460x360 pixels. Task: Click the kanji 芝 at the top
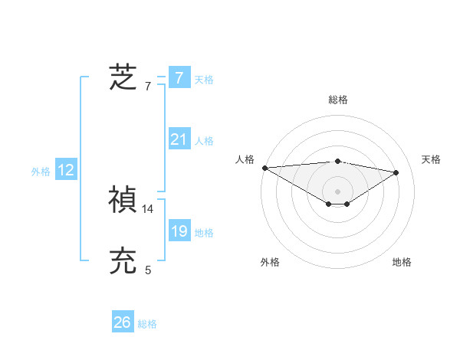[x=123, y=77]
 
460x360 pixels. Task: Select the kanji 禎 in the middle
[x=123, y=200]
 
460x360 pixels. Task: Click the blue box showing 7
[x=179, y=77]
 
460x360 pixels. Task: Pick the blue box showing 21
[x=179, y=139]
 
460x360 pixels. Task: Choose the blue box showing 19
[x=179, y=231]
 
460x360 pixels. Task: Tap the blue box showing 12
[x=66, y=170]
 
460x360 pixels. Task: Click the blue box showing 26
[x=123, y=322]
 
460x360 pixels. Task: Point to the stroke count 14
[x=148, y=208]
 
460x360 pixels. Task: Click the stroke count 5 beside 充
[x=148, y=270]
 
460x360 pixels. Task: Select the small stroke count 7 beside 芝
[x=148, y=86]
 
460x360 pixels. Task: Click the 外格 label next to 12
[x=41, y=172]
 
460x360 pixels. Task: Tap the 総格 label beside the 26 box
[x=147, y=324]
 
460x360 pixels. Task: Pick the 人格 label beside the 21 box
[x=204, y=141]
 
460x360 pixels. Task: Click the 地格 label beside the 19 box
[x=204, y=233]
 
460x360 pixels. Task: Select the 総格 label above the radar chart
[x=337, y=100]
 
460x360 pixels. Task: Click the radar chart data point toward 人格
[x=264, y=167]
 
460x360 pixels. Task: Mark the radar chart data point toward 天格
[x=396, y=172]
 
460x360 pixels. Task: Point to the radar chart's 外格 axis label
[x=269, y=262]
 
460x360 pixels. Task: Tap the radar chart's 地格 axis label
[x=402, y=262]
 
